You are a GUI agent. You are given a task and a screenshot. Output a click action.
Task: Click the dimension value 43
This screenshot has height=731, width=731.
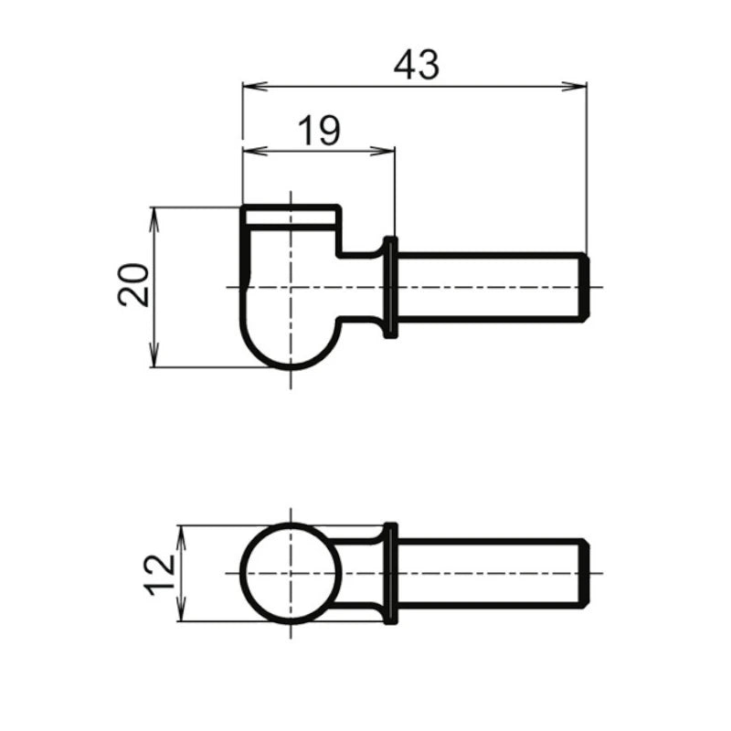pos(417,65)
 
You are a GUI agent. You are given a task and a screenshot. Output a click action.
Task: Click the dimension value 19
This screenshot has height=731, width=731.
pos(319,130)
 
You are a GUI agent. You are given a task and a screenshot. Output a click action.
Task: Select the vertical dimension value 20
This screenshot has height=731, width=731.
pos(132,285)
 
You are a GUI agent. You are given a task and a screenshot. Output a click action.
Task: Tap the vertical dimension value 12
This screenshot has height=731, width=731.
pos(160,576)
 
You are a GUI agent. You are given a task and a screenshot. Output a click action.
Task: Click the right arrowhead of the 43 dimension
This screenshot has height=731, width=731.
pos(574,86)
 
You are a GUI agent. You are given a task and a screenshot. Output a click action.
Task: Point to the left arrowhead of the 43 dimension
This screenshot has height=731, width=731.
pos(255,86)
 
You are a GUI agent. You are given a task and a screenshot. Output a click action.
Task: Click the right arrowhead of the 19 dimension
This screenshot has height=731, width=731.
pos(382,151)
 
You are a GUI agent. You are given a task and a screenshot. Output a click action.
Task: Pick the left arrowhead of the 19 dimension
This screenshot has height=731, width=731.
pos(255,151)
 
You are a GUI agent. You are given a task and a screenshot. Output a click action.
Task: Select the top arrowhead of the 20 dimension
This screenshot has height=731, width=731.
pos(154,220)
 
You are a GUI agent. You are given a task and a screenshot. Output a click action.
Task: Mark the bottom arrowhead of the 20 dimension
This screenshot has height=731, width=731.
pos(154,355)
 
